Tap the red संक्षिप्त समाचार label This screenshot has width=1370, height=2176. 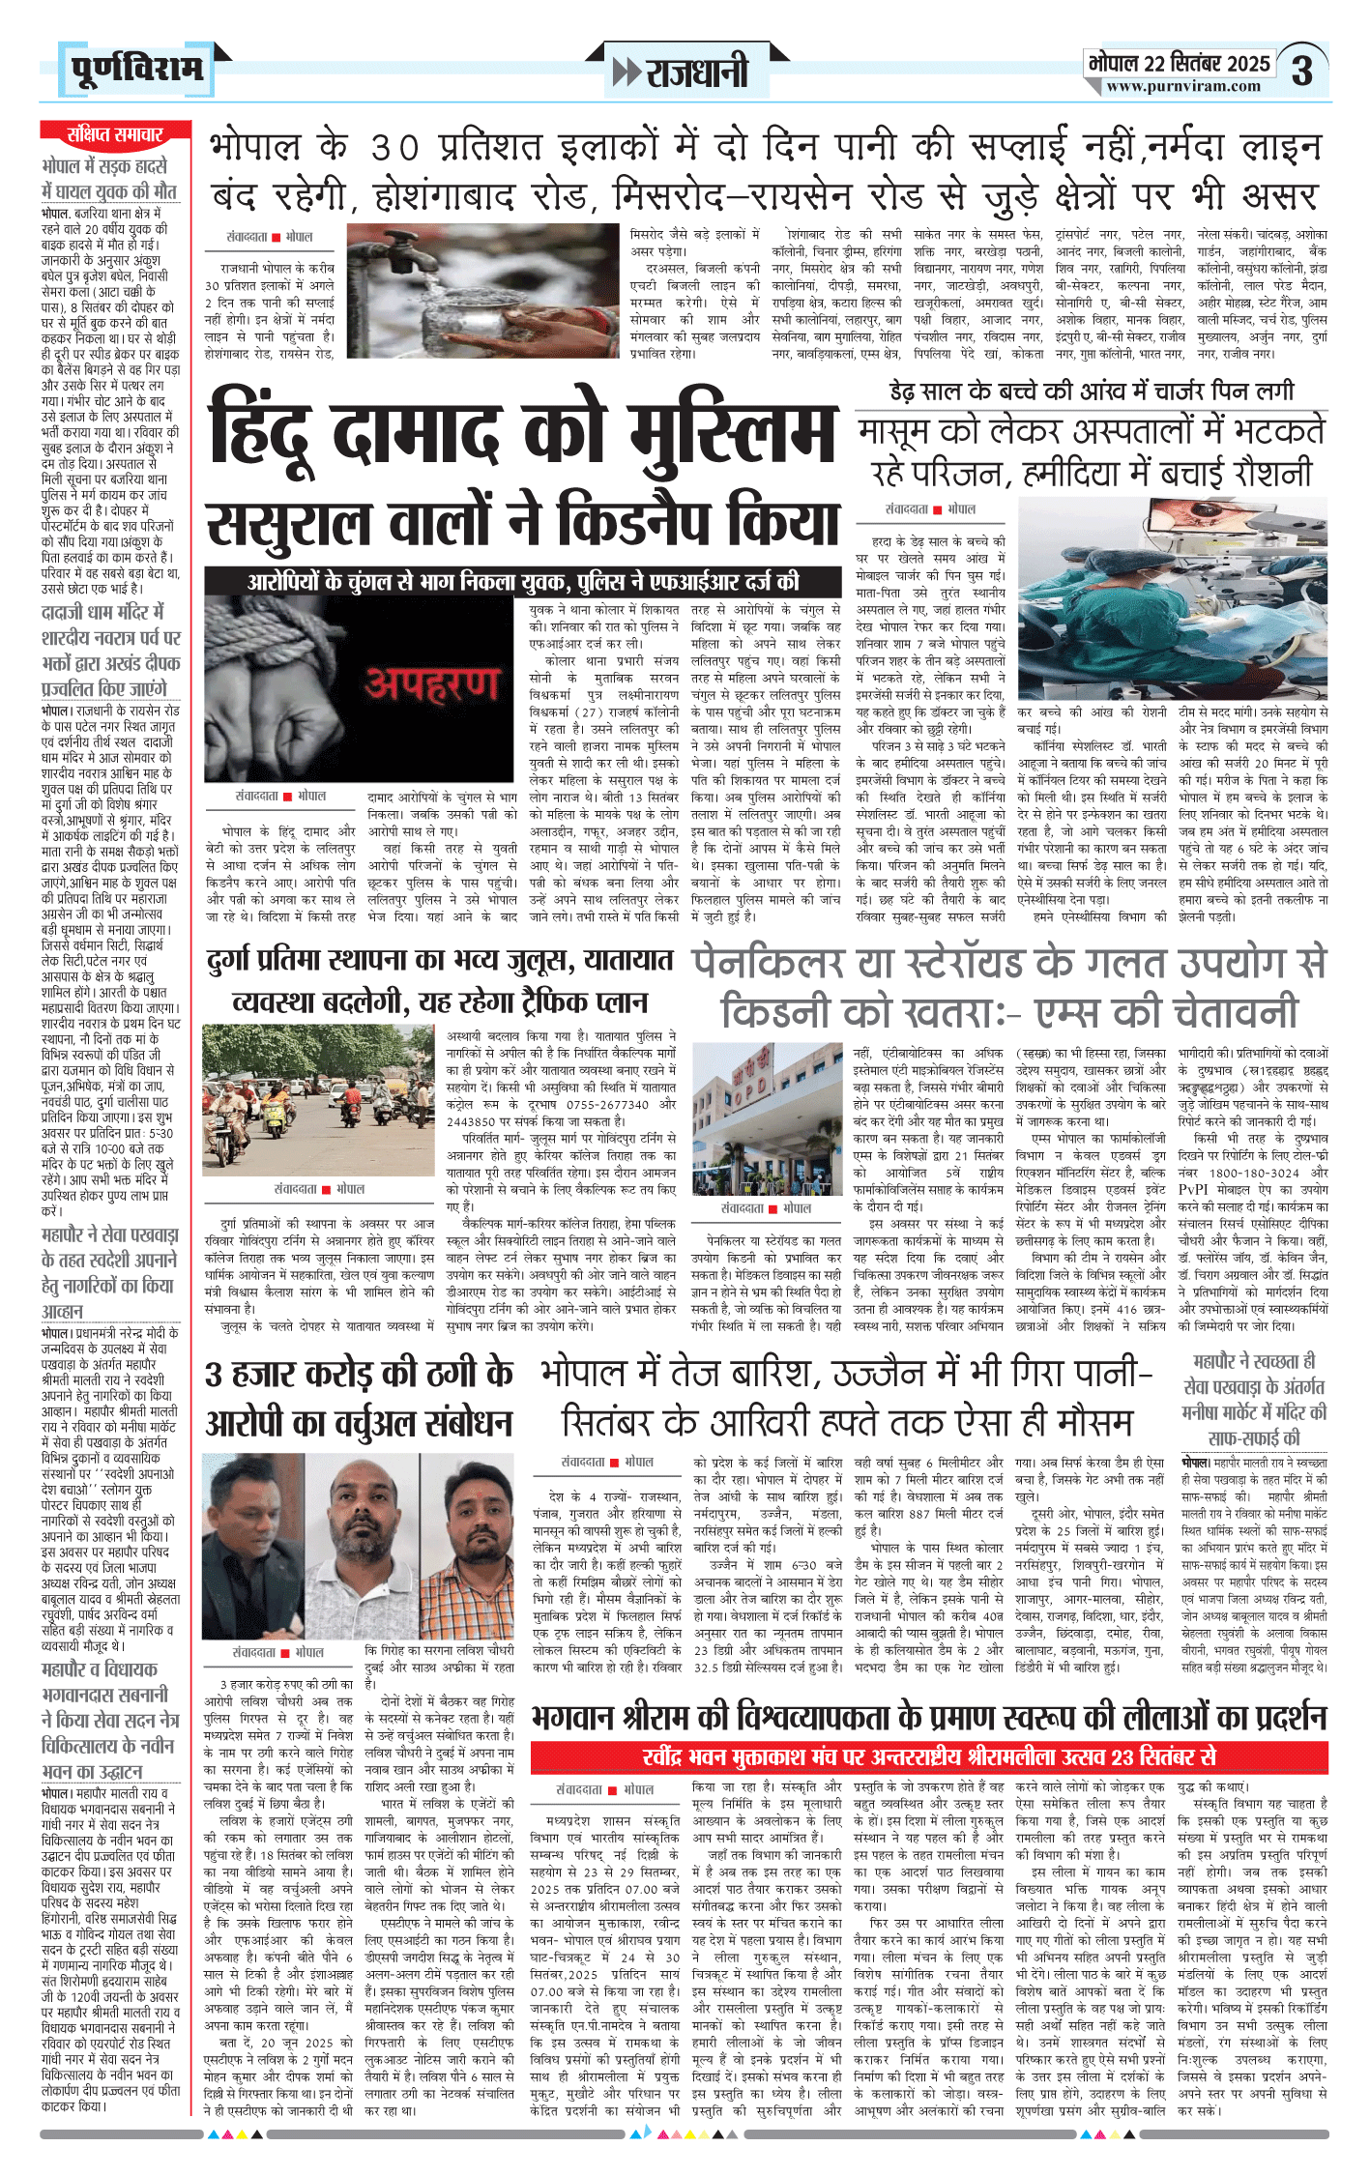pyautogui.click(x=115, y=133)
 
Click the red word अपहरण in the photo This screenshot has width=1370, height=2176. pyautogui.click(x=431, y=683)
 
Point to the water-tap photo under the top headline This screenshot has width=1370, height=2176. pyautogui.click(x=482, y=291)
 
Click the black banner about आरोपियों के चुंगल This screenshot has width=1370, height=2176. pyautogui.click(x=523, y=581)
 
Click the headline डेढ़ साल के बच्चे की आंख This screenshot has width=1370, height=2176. pyautogui.click(x=1091, y=392)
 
